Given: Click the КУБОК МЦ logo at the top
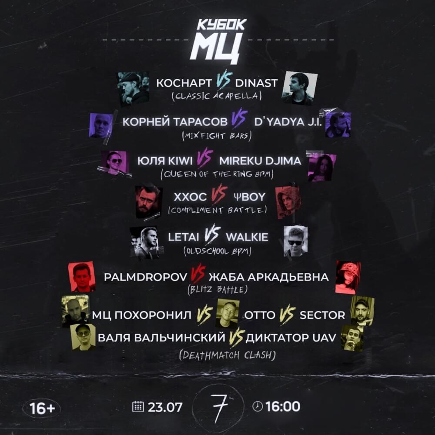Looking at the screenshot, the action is point(217,41).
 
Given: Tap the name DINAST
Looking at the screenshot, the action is point(256,83).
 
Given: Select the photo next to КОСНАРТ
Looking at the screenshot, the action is point(133,88).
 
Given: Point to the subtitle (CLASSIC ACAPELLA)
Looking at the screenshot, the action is point(217,96).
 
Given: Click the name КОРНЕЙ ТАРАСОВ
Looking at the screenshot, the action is point(175,122).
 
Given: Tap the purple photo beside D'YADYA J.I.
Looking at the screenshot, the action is point(338,124).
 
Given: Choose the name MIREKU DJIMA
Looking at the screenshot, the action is point(260,161).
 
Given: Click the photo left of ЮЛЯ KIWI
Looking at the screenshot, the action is point(114,163).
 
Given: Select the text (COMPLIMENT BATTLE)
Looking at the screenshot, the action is point(217,210).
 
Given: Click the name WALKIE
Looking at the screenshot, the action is point(247,237).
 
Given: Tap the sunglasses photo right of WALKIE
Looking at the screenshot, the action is point(296,241).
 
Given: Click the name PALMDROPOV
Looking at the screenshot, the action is point(146,277).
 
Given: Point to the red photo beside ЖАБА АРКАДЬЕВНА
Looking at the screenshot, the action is point(348,277).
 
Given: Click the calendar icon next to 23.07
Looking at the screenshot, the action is point(137,406).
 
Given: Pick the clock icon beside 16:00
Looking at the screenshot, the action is point(258,406).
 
